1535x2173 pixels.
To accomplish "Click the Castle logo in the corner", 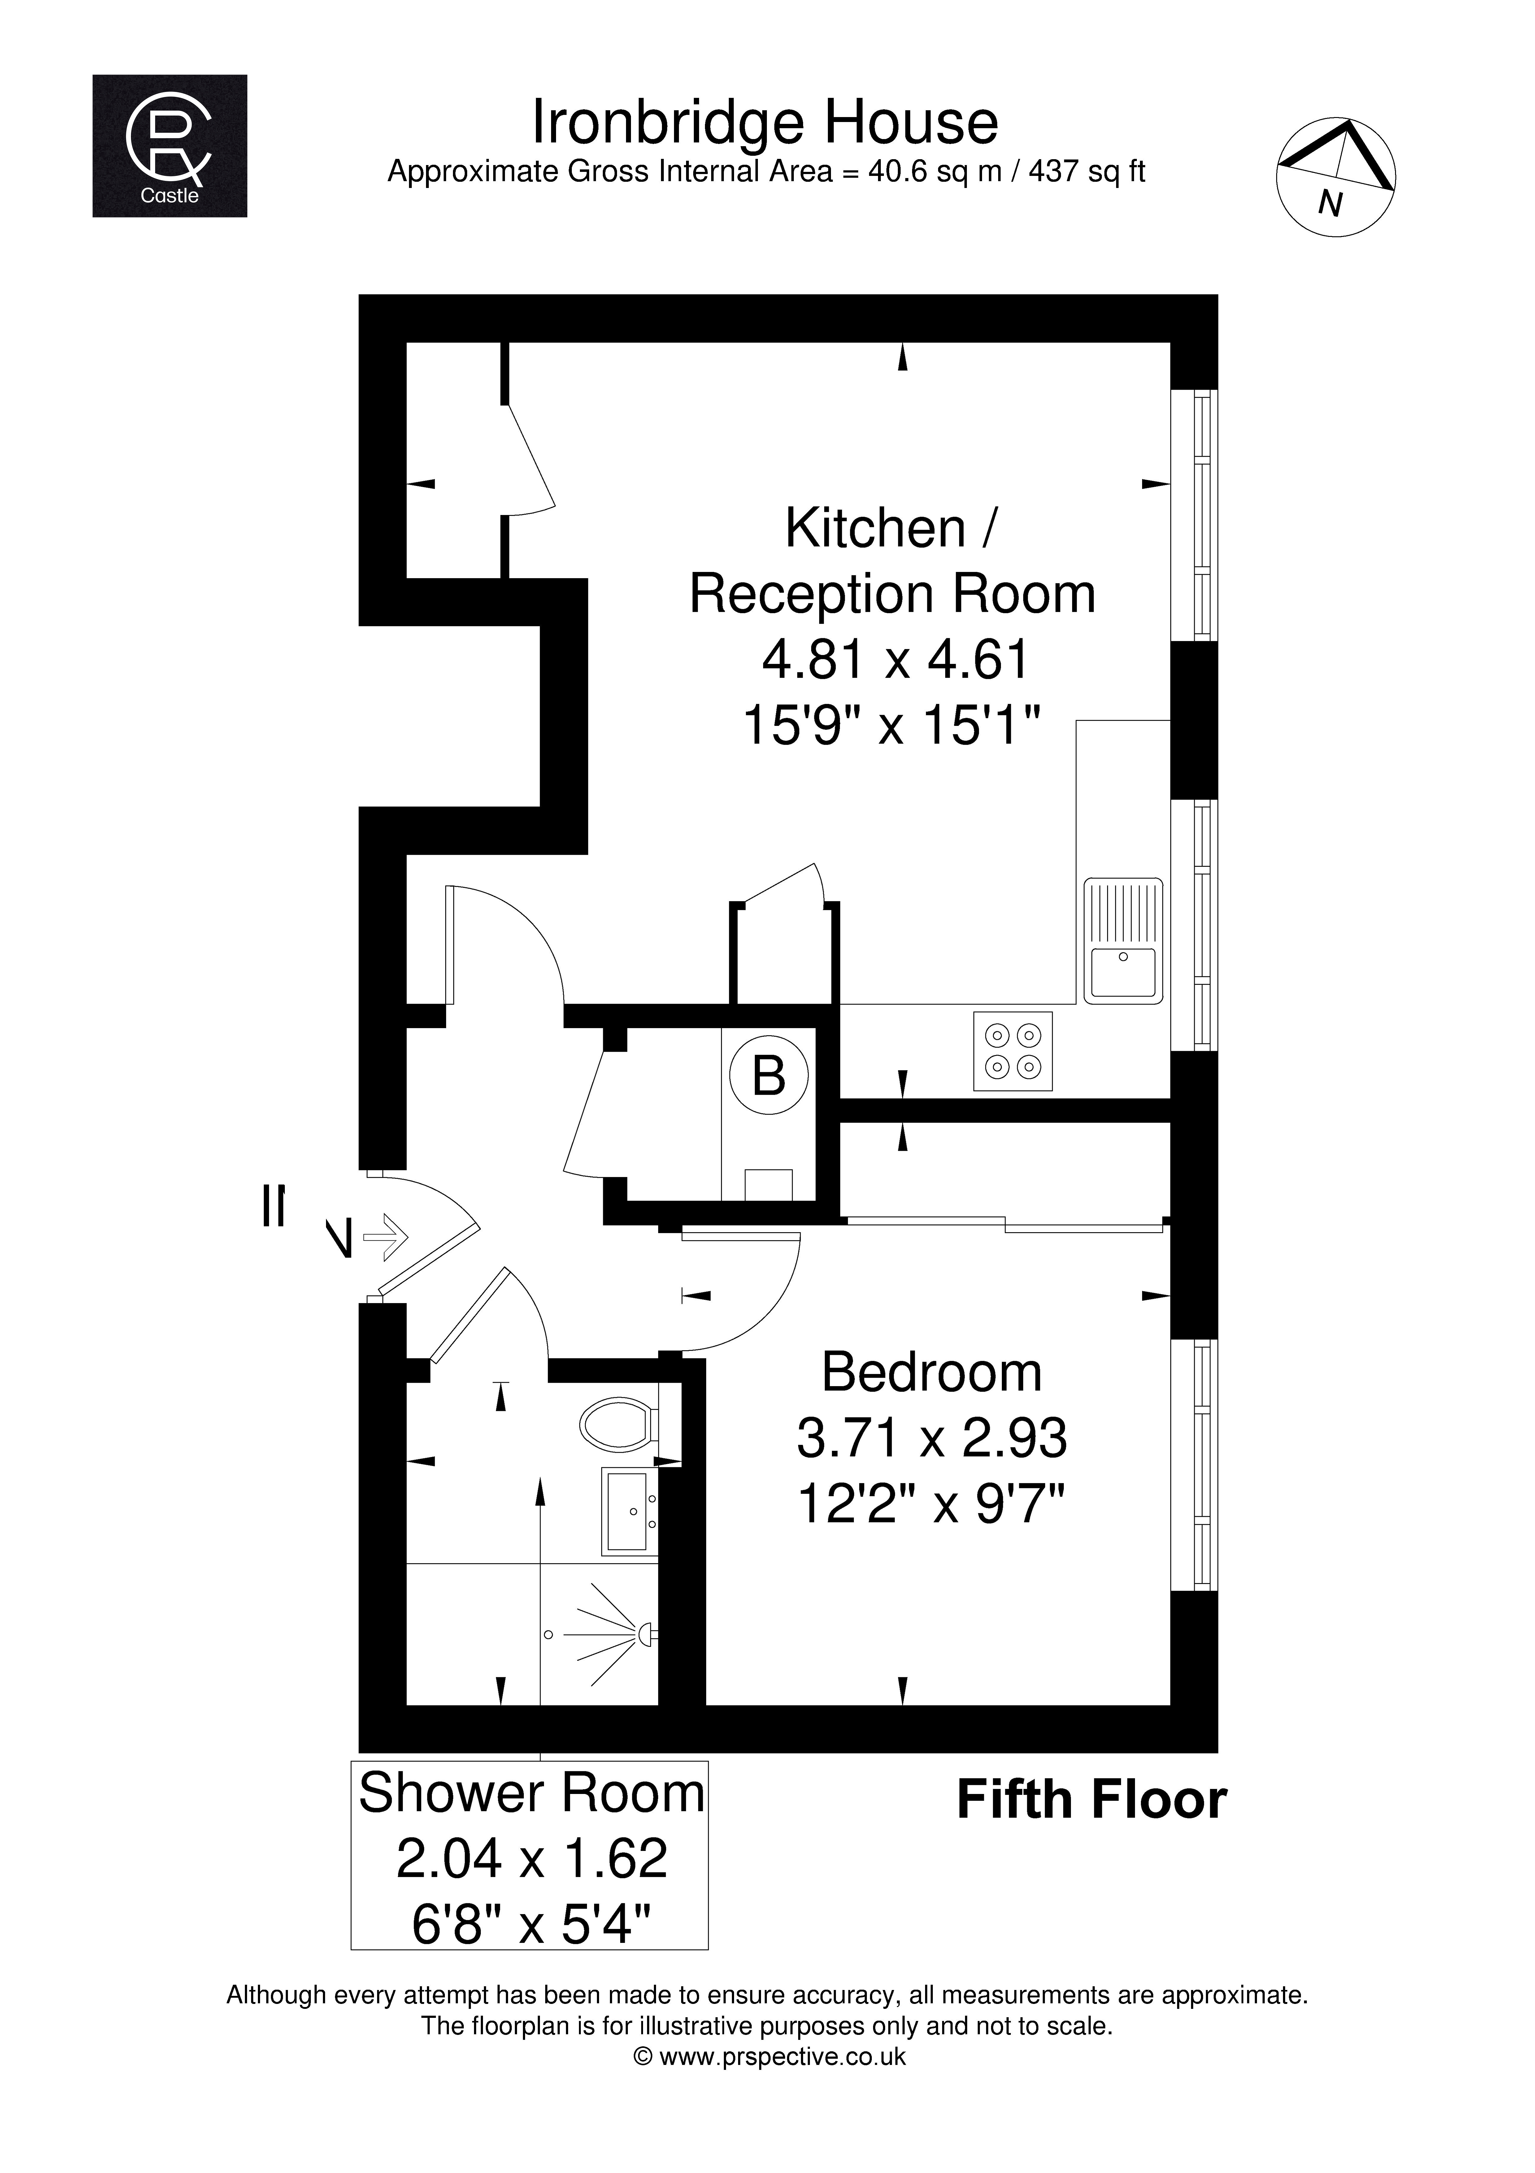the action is pos(169,146).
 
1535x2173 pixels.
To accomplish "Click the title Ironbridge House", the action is pos(765,122).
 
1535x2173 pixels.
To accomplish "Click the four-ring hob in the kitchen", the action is pos(1013,1051).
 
